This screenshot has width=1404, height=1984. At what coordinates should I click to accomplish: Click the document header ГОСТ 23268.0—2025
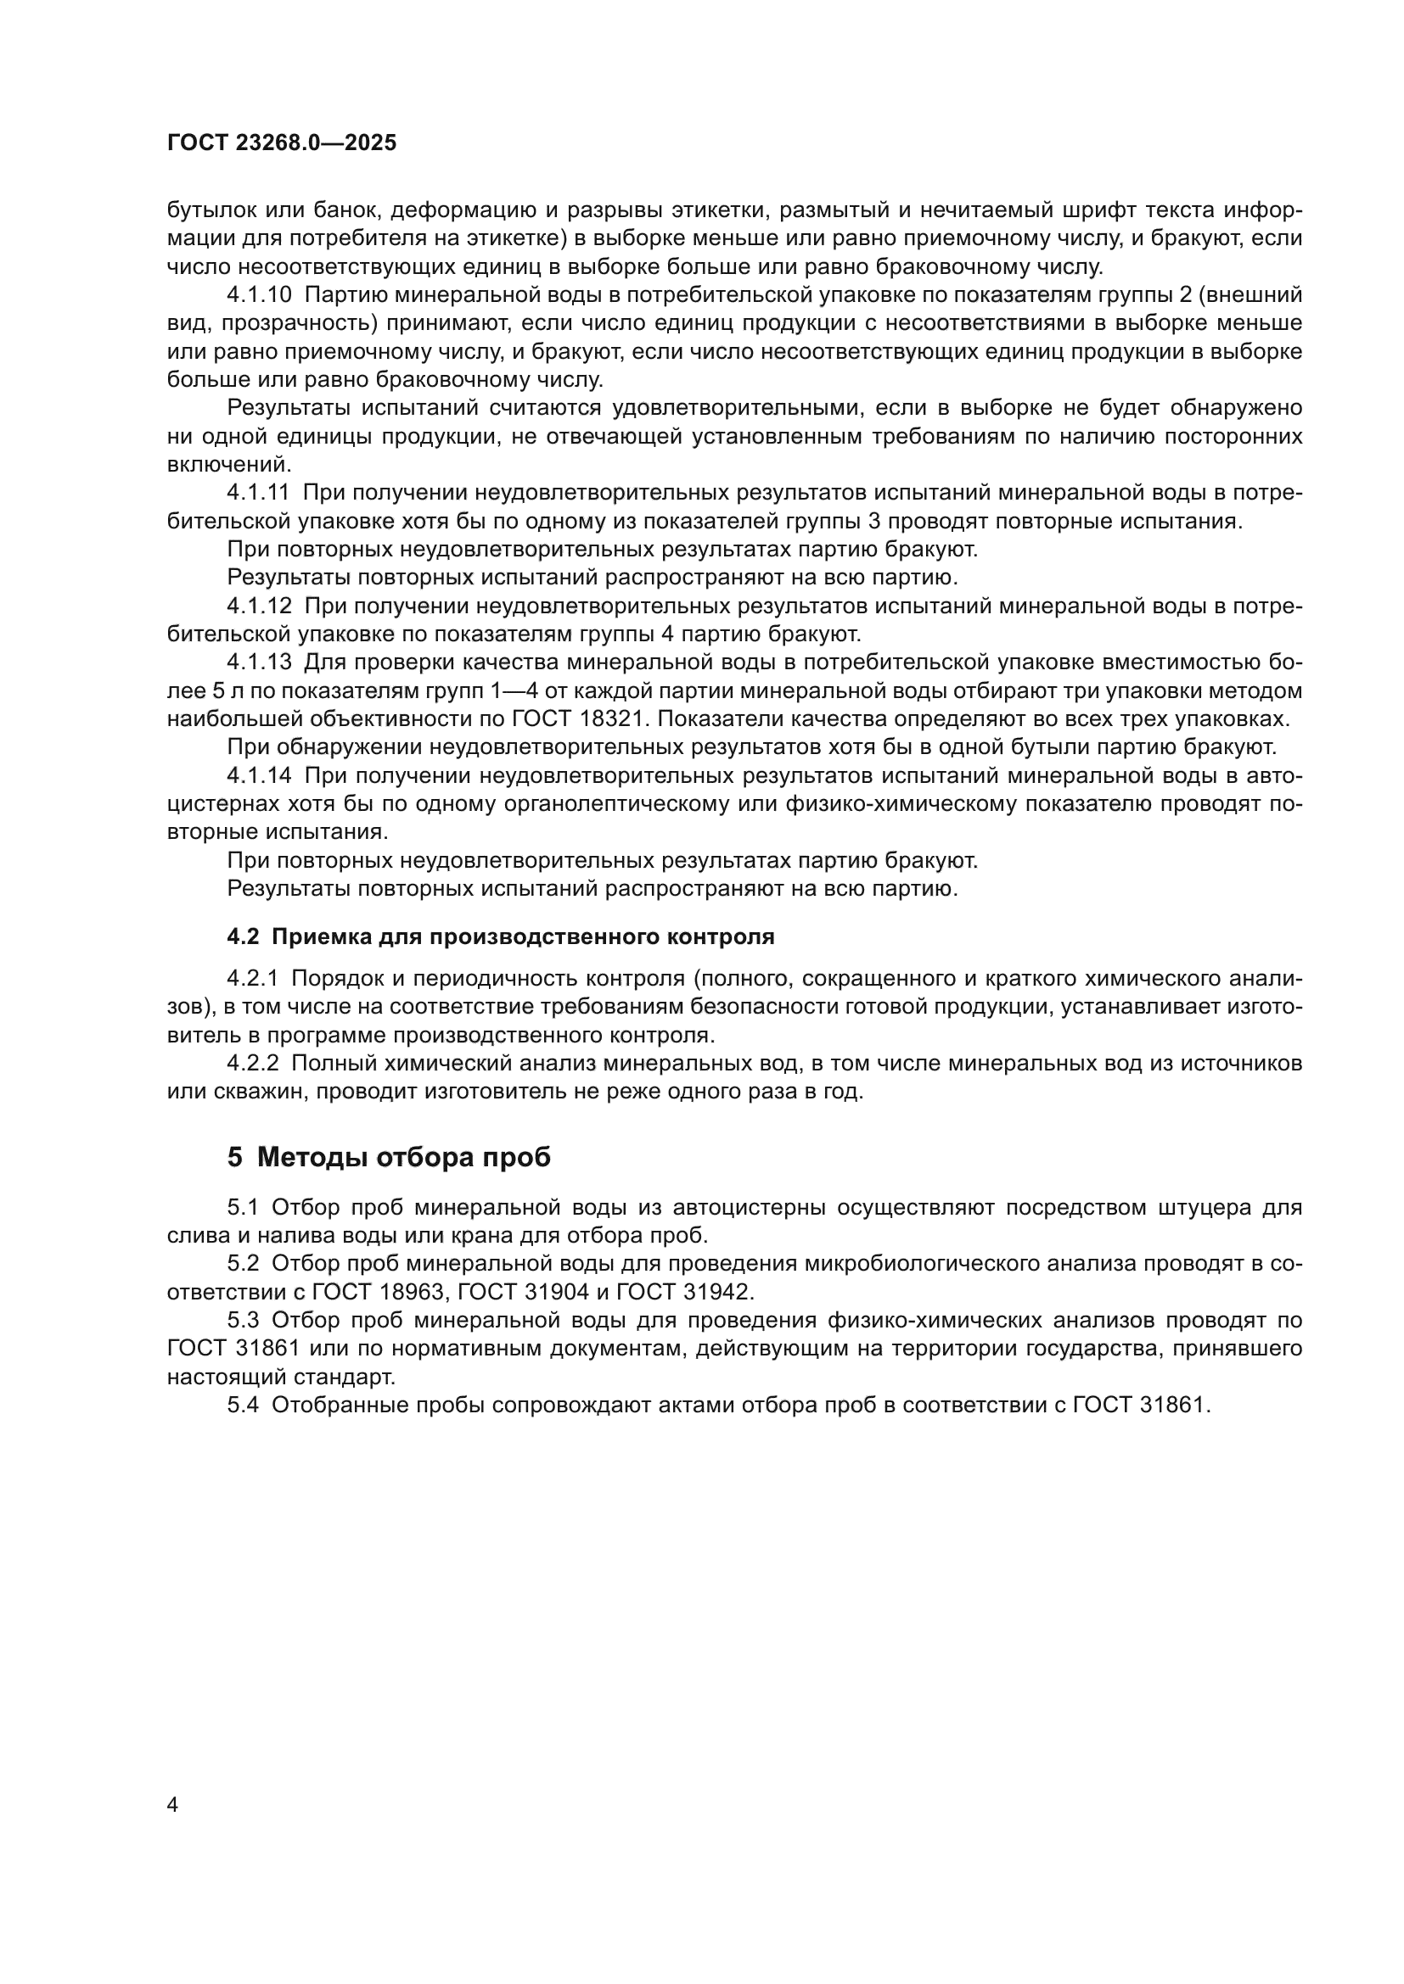click(x=281, y=143)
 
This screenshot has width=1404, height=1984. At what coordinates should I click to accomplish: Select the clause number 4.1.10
click(x=260, y=295)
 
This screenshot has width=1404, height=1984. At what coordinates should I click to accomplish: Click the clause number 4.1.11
click(x=259, y=493)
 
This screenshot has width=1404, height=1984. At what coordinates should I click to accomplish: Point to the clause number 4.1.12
click(x=260, y=606)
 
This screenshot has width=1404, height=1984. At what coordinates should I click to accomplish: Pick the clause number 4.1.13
click(x=260, y=662)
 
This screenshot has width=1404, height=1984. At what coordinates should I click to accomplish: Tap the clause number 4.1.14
click(x=260, y=776)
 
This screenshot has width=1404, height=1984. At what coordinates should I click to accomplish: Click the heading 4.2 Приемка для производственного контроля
click(x=501, y=936)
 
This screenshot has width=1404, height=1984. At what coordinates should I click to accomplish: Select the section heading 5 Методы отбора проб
click(x=389, y=1157)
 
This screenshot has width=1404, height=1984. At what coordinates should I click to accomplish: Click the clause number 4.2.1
click(x=252, y=978)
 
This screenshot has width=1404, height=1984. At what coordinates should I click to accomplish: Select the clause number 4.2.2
click(x=252, y=1064)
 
